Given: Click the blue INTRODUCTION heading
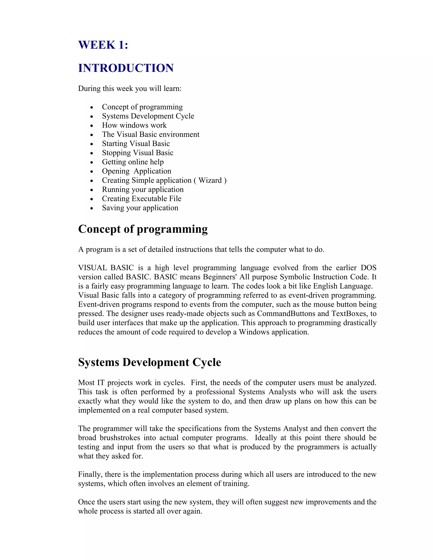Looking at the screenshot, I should [x=126, y=68].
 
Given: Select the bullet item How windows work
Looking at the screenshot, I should [x=134, y=125].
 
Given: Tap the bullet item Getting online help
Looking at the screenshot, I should [x=133, y=162].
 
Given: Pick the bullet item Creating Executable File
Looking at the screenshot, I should [x=142, y=198].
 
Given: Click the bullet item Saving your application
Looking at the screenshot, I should [x=140, y=208].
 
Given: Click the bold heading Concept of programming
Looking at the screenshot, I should [x=143, y=229].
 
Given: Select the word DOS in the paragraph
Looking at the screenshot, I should [x=368, y=268].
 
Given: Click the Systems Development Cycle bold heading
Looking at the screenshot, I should [x=149, y=362].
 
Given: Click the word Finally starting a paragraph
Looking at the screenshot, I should [x=89, y=474].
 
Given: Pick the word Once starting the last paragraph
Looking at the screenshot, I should [x=86, y=502].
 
